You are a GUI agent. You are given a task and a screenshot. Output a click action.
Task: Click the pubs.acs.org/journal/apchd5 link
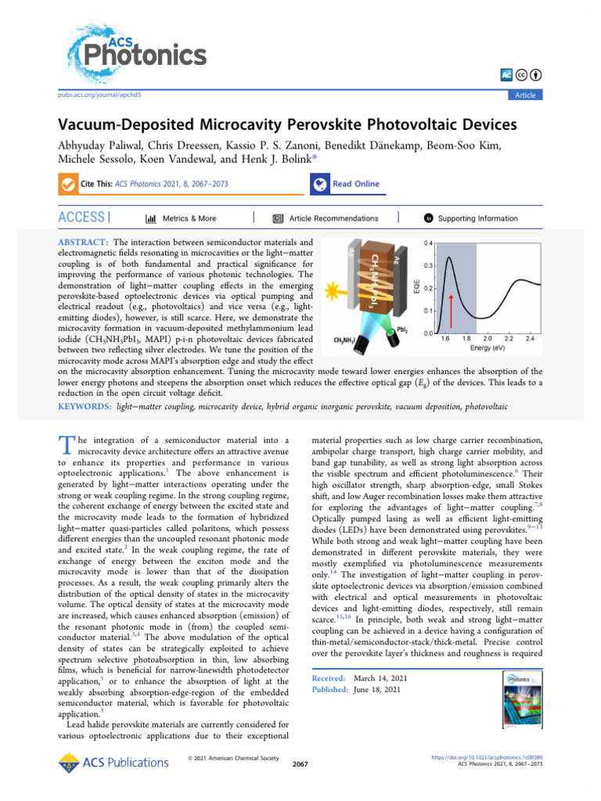(100, 94)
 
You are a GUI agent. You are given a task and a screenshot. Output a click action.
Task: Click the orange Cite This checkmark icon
(67, 185)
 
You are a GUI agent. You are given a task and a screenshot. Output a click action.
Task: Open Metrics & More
(182, 218)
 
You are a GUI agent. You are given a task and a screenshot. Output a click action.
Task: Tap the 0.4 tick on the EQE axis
(428, 243)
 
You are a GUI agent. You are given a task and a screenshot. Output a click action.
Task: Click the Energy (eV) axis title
(490, 350)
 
